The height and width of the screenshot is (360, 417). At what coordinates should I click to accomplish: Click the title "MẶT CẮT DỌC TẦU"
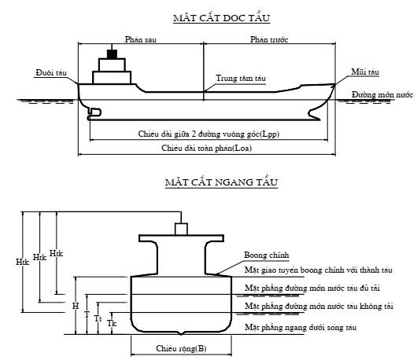coord(222,18)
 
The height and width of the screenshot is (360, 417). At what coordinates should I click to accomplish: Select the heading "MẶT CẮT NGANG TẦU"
coord(221,182)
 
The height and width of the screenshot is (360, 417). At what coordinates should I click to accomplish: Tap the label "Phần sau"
coord(140,39)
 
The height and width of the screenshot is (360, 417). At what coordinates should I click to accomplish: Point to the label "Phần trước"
coord(269,39)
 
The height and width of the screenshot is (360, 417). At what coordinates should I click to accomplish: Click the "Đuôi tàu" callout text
coord(51,72)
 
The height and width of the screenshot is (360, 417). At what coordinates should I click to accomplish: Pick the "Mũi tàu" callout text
coord(365,72)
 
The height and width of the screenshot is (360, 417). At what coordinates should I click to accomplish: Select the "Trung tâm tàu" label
coord(241,78)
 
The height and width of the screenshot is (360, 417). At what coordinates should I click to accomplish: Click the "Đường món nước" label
coord(382,94)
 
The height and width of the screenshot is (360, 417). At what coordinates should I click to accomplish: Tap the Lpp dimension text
coord(208,134)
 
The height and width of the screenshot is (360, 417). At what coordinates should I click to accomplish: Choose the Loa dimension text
coord(207,148)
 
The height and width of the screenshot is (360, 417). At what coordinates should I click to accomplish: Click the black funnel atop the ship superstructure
coord(112,54)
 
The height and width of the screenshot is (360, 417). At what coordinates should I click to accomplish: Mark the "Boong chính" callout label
coord(267,255)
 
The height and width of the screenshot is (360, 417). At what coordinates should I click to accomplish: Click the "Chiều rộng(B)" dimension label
coord(181,348)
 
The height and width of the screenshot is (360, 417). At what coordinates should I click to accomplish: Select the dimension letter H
coord(76,306)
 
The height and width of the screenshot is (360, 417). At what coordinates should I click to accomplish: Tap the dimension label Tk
coord(112,323)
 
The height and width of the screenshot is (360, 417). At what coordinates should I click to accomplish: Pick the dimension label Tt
coord(98,318)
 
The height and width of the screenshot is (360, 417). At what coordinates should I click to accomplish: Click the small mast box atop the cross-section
coord(181,229)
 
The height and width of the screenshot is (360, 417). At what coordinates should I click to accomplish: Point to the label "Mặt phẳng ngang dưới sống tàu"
coord(301,327)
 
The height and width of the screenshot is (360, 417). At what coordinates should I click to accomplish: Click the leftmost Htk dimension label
coord(22,262)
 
